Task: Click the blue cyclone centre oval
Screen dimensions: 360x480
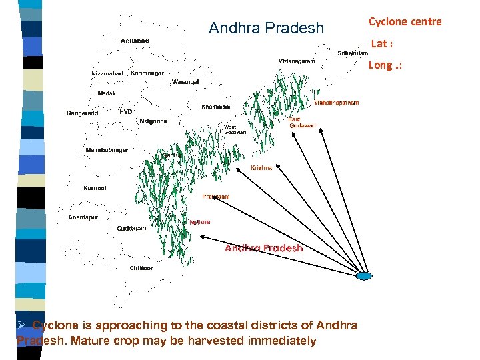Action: coord(366,276)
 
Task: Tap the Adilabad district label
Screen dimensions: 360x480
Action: coord(136,41)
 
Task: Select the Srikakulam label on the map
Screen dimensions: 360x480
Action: coord(353,53)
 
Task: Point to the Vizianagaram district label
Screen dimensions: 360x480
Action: coord(297,61)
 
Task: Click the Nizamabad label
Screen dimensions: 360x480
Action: coord(107,73)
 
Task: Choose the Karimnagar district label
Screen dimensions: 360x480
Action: coord(148,73)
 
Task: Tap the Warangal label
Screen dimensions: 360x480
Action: coord(185,81)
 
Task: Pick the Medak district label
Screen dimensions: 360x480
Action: coord(107,93)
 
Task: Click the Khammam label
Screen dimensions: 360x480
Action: coord(216,107)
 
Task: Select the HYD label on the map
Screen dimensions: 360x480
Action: coord(126,111)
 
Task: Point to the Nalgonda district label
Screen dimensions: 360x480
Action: coord(153,121)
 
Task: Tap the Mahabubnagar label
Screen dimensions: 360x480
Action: coord(107,150)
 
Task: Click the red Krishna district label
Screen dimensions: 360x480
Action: coord(261,168)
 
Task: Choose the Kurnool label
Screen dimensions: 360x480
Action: coord(95,188)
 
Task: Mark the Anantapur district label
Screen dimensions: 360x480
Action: coord(83,217)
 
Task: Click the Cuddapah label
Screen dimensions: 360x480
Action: coord(131,228)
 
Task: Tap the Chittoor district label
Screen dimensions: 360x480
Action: coord(141,268)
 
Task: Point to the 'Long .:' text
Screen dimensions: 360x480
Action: coord(385,65)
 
